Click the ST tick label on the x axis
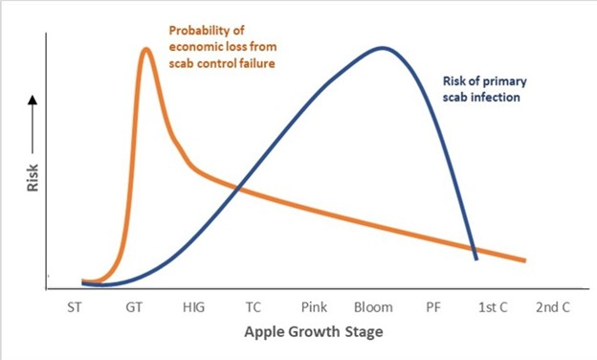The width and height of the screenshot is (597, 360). coord(75,309)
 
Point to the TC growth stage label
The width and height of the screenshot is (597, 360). coord(254,309)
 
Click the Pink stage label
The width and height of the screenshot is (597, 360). coord(314,309)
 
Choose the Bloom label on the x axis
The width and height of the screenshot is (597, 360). coord(373,309)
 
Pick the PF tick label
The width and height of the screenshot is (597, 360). coord(432,309)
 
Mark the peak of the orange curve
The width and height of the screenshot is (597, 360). coord(146,49)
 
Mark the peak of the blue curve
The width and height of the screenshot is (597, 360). coord(384,47)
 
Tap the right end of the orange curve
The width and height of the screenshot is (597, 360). coord(524,260)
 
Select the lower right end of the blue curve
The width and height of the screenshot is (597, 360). coord(475,258)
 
